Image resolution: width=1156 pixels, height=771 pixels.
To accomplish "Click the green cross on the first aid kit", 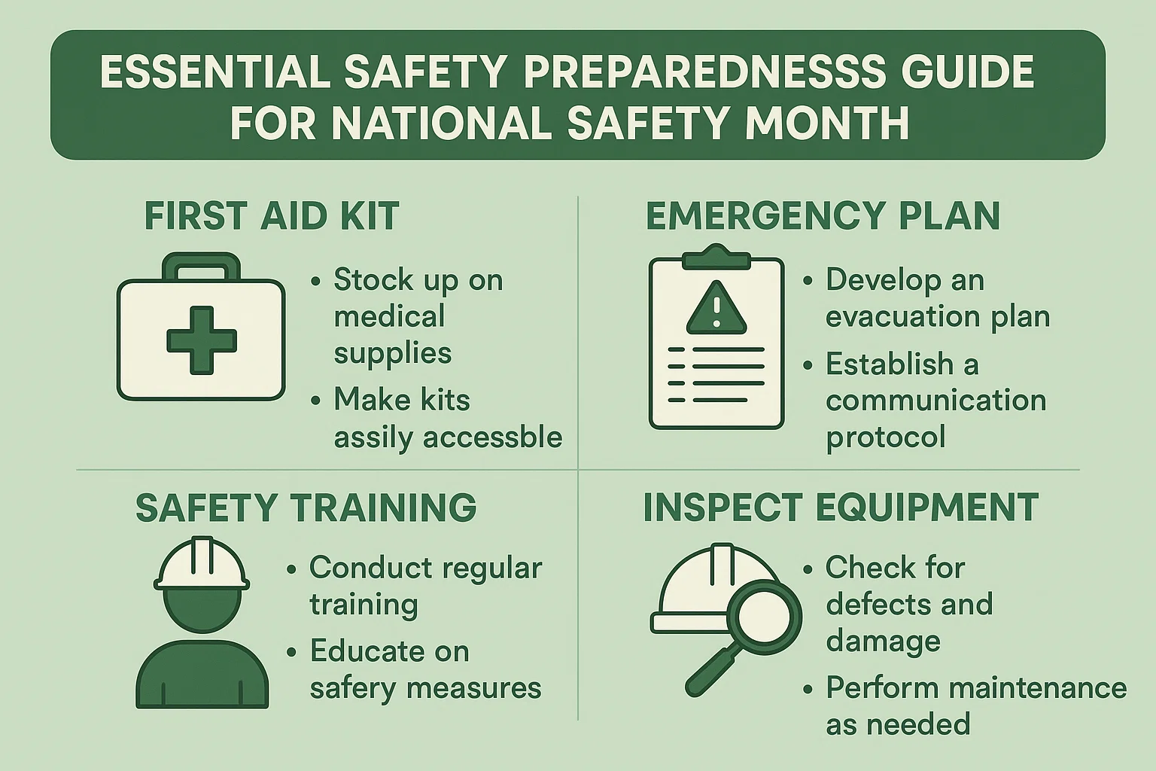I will pos(201,340).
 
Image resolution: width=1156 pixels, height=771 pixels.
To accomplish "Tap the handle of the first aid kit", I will pos(202,261).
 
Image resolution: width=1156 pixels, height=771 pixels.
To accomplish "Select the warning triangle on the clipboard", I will pos(716,308).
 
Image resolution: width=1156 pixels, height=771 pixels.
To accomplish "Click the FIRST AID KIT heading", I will pos(271,216).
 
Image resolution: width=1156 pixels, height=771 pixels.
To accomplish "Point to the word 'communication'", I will pos(935,400).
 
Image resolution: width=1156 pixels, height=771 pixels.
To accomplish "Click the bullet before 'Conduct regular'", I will pos(291,569).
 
